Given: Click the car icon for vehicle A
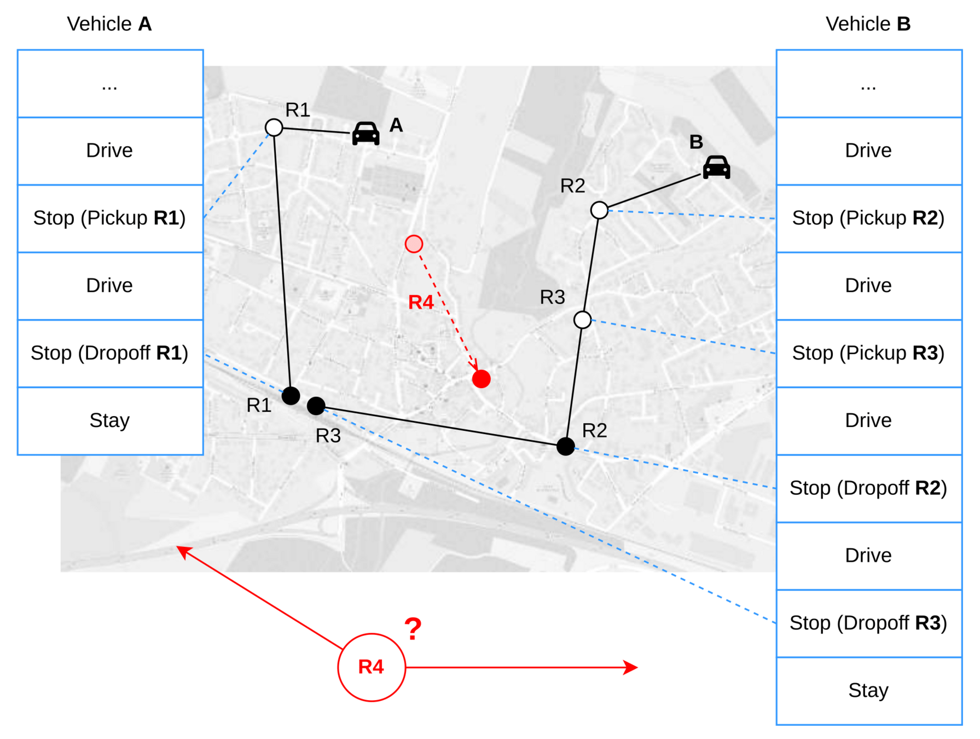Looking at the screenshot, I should point(366,133).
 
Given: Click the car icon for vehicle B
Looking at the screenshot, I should point(716,167).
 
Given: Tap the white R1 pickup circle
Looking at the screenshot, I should point(274,128).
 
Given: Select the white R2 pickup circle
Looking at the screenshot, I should point(599,210).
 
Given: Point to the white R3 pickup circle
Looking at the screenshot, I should point(582,320).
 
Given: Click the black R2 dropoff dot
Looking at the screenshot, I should point(565,446).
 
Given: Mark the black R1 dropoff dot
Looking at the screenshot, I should point(291,395).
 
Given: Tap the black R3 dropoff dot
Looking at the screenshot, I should point(316,406).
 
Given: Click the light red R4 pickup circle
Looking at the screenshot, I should point(414,244).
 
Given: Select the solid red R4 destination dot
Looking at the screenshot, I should point(481,379).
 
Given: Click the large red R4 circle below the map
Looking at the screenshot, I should point(372,667).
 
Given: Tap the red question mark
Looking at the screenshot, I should point(413,629).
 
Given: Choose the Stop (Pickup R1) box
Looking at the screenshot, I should point(110,218).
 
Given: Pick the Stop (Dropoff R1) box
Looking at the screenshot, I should point(110,354).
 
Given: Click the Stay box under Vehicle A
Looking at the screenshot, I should point(110,421).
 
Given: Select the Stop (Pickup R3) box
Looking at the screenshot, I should point(868,354).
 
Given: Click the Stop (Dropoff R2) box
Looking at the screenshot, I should point(868,488).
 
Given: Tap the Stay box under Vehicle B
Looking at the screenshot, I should point(868,691).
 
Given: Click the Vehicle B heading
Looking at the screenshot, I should point(868,24).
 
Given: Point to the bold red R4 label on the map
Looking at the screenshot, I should point(421,302).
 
